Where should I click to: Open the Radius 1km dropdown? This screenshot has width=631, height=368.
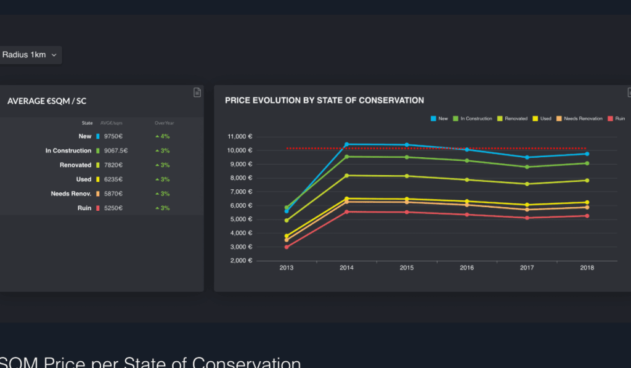click(30, 55)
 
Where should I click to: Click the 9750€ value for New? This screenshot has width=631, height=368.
click(113, 136)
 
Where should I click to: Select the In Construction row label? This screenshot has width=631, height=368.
click(68, 150)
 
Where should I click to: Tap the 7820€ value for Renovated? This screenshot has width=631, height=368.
click(113, 165)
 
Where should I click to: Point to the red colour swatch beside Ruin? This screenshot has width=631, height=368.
click(97, 208)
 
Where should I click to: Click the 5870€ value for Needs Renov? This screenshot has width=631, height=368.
click(113, 194)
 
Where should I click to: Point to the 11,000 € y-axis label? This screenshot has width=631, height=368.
click(240, 137)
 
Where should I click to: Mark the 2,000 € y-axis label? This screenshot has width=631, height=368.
click(241, 261)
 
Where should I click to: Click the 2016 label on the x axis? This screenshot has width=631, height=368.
click(466, 268)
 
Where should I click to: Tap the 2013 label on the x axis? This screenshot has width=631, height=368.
click(287, 268)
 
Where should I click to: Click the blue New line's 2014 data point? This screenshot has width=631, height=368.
click(346, 144)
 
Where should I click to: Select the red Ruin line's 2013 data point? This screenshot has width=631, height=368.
click(287, 247)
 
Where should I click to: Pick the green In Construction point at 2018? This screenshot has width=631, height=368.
click(587, 163)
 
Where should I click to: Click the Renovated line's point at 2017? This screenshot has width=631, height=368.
click(527, 184)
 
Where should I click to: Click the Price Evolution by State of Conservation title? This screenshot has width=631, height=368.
click(324, 100)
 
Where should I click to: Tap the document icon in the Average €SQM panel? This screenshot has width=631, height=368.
click(197, 92)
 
